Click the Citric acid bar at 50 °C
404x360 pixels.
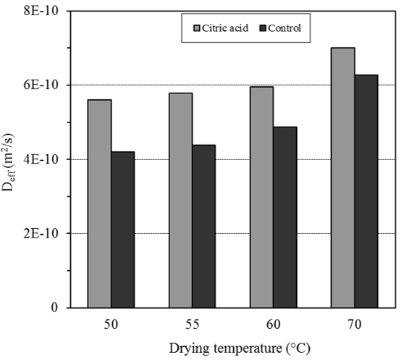(99, 204)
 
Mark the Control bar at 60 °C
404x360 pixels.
(285, 217)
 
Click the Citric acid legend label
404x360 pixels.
(224, 29)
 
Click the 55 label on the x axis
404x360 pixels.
(192, 324)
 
